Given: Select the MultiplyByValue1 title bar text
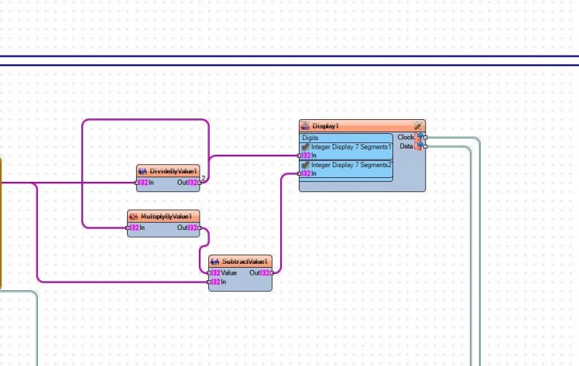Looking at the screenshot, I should click(166, 217).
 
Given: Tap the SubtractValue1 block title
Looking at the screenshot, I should click(245, 262).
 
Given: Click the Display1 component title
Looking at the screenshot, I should click(326, 125).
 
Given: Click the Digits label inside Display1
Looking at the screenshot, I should click(310, 138).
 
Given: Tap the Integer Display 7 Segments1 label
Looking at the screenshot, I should click(351, 146).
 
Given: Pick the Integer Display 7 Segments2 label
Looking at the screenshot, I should click(351, 164).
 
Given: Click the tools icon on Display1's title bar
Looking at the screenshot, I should click(418, 125).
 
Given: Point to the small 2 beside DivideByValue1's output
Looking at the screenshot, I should click(204, 178).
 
